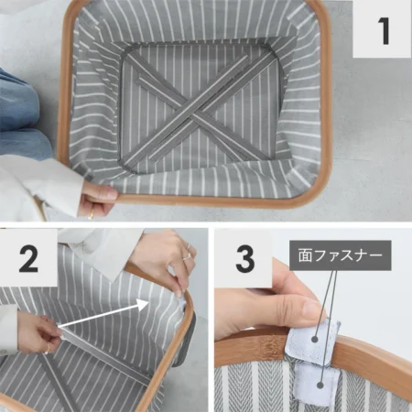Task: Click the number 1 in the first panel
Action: point(384,30)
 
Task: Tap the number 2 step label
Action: point(28,259)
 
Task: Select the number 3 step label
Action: point(245,259)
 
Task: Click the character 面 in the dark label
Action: point(305,255)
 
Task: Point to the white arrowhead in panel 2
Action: point(144,304)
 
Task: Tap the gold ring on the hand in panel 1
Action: point(91,214)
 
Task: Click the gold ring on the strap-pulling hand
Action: point(48,350)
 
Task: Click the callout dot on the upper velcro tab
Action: point(315,339)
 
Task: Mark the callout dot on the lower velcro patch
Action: point(320,385)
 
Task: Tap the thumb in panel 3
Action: point(299,309)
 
